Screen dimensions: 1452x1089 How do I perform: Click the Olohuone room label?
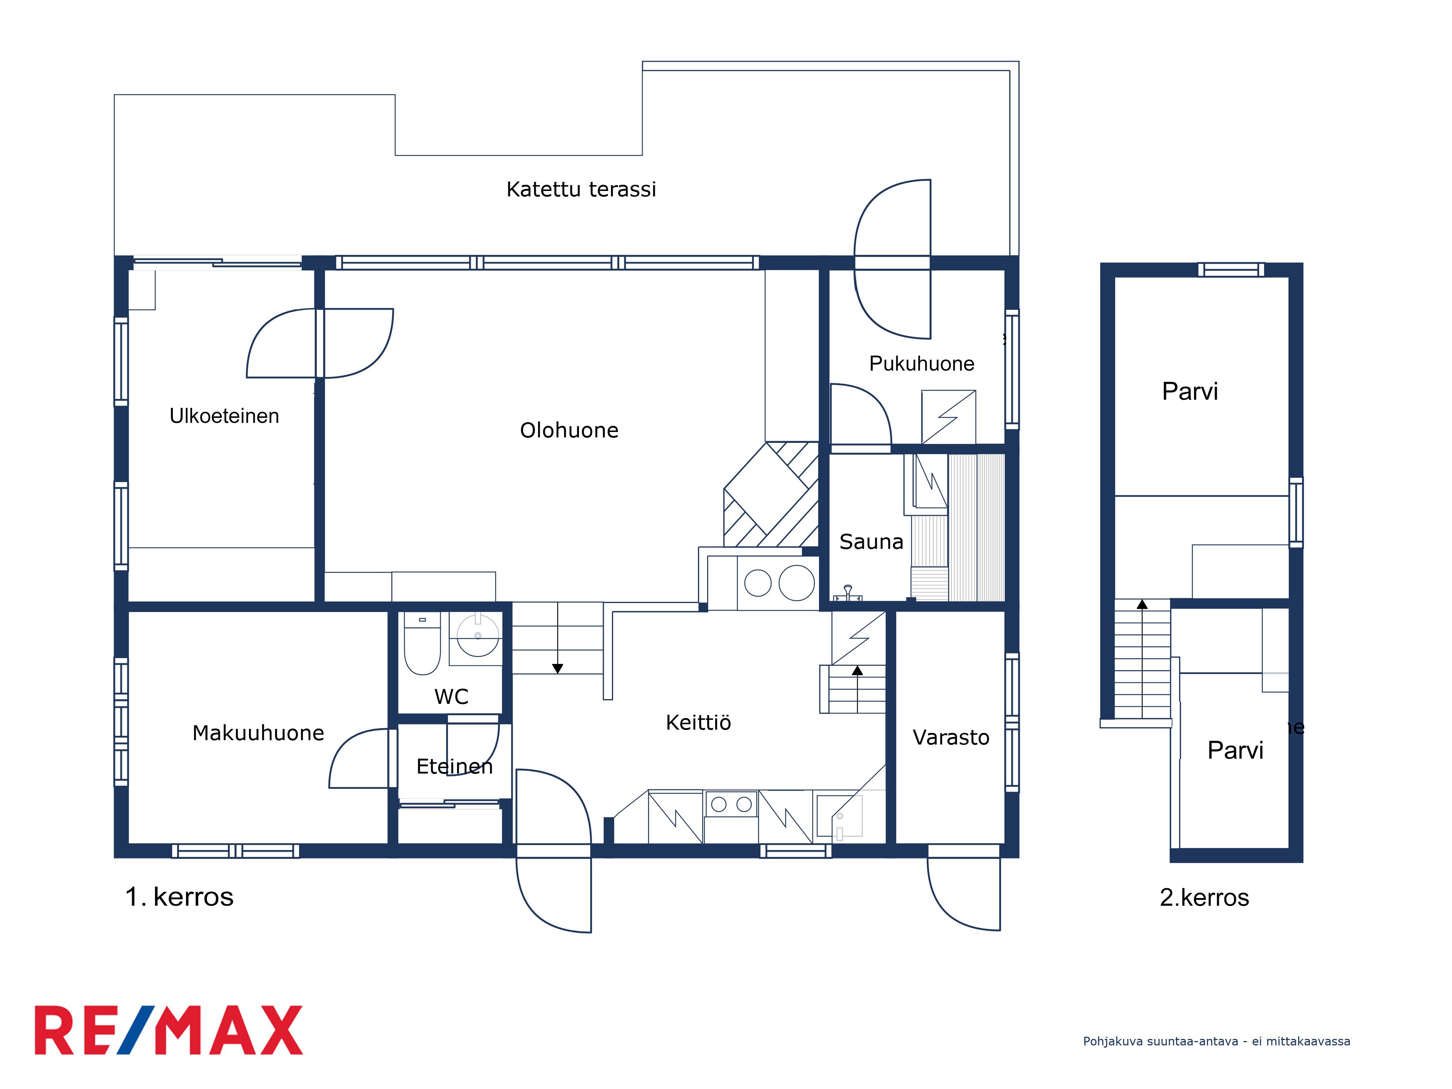569,431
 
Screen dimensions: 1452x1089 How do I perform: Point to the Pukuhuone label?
922,364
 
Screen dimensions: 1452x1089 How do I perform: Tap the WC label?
452,697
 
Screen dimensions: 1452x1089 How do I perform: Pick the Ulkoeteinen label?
224,416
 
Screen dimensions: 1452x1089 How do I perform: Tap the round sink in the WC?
478,635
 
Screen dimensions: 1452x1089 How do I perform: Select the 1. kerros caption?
179,897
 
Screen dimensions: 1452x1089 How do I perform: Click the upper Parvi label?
1190,391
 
